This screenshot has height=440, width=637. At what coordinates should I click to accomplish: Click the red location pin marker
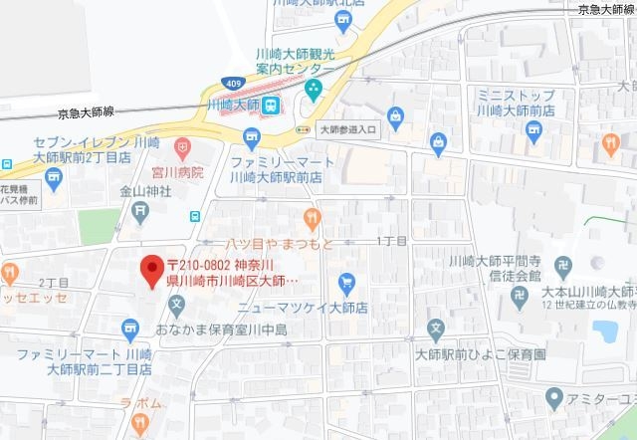tap(151, 270)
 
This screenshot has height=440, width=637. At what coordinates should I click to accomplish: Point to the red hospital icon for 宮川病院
tap(183, 148)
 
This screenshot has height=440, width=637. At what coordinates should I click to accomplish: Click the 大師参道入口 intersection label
tap(345, 129)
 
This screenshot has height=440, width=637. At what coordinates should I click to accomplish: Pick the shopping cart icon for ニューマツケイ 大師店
tap(347, 283)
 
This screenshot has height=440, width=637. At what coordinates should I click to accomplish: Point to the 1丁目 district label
tap(391, 241)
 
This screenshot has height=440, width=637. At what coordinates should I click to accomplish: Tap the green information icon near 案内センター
tap(314, 91)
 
